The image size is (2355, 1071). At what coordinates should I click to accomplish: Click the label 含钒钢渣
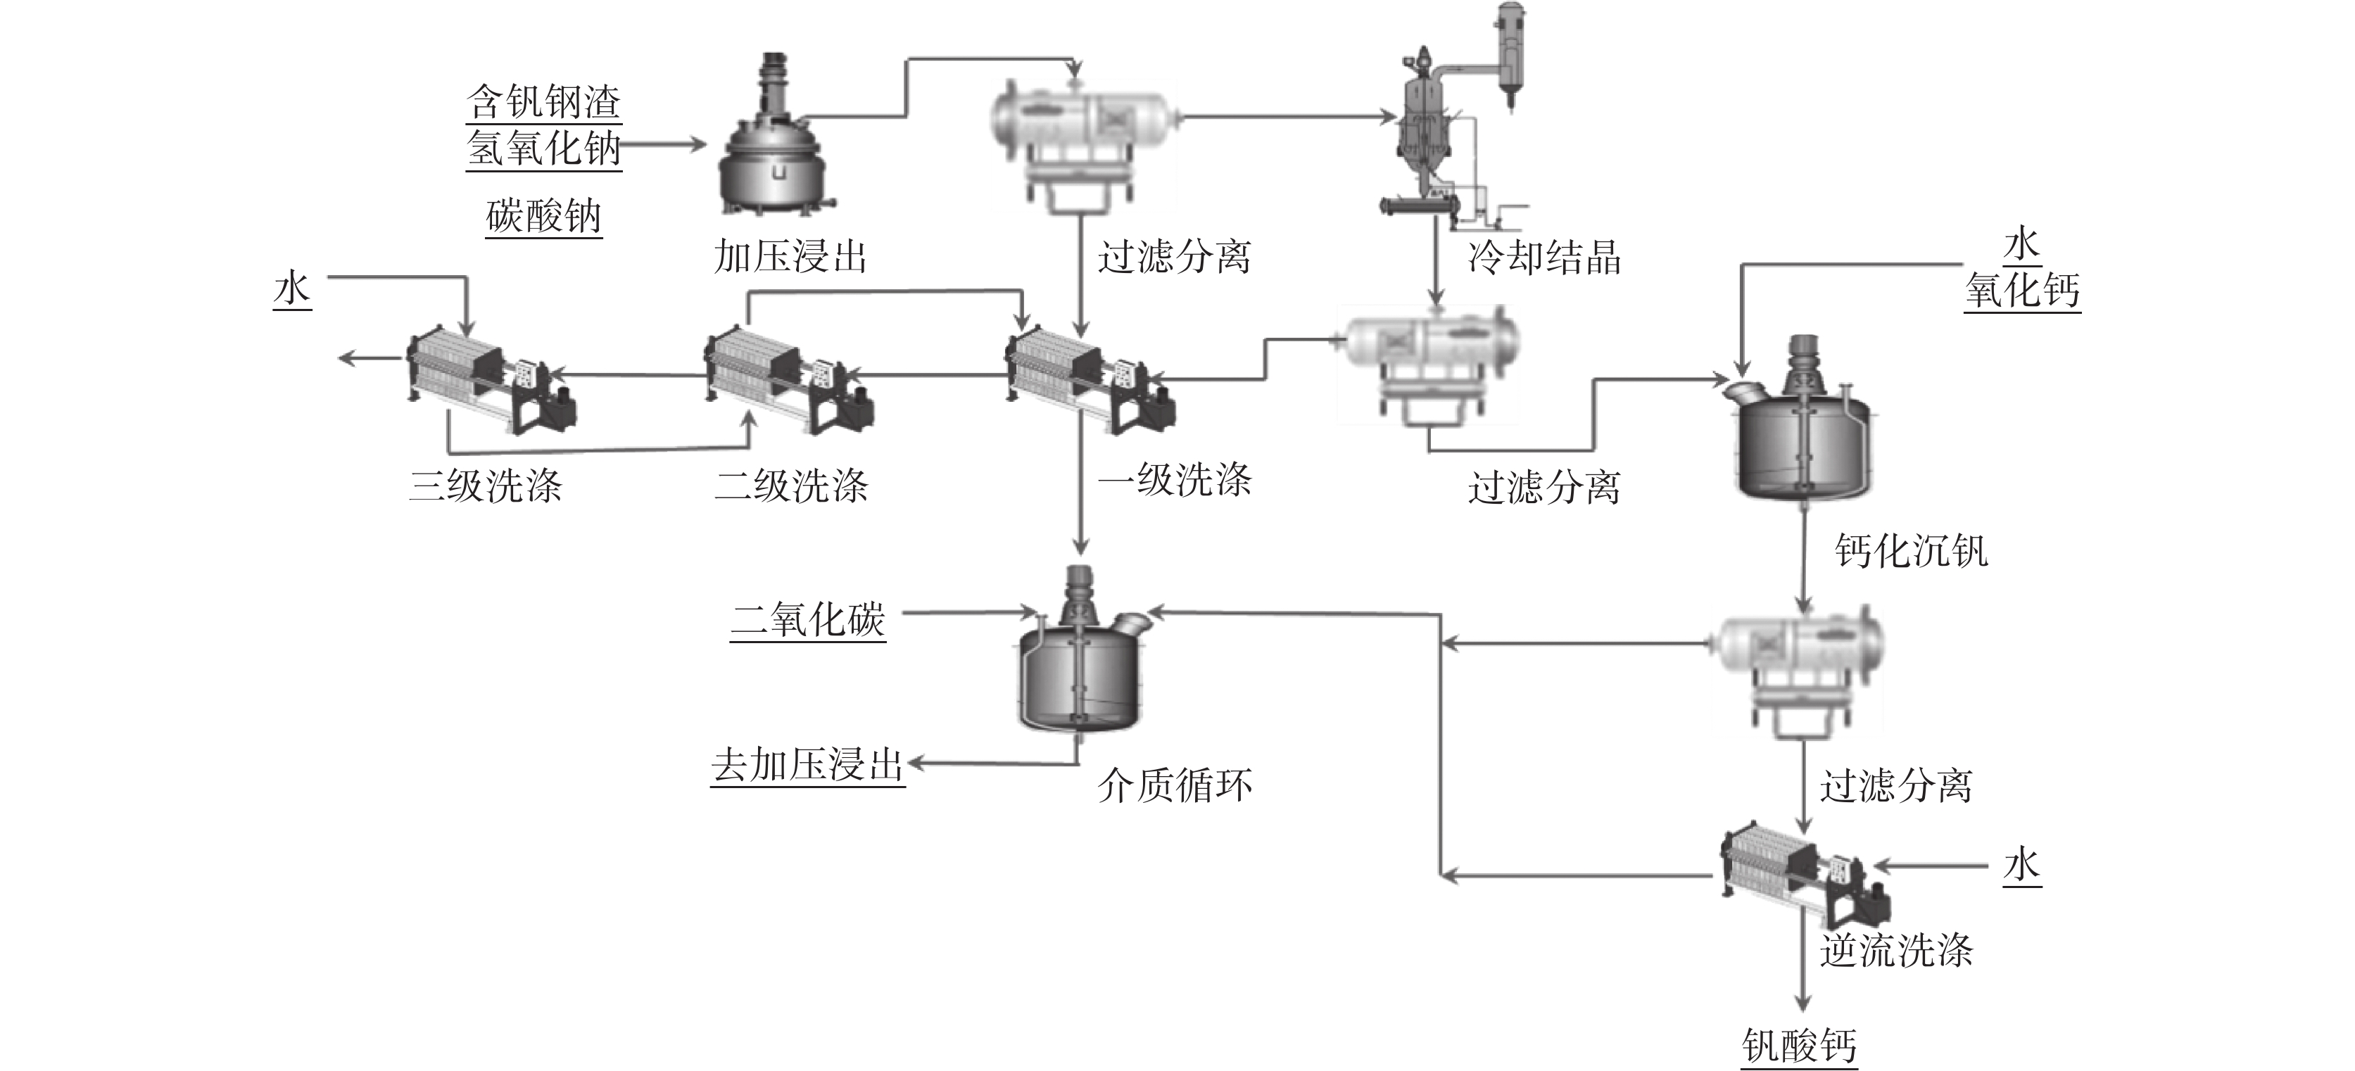[x=543, y=101]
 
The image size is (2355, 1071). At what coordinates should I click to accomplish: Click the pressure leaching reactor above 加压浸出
[x=776, y=146]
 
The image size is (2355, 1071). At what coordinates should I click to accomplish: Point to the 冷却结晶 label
[x=1544, y=257]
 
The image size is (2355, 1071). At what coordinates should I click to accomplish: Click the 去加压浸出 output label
[x=807, y=764]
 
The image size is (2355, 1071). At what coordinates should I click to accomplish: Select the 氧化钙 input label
[x=2022, y=291]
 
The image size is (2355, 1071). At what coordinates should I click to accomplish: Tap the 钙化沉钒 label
[x=1912, y=551]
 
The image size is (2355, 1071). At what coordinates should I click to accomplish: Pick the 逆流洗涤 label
[x=1896, y=951]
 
